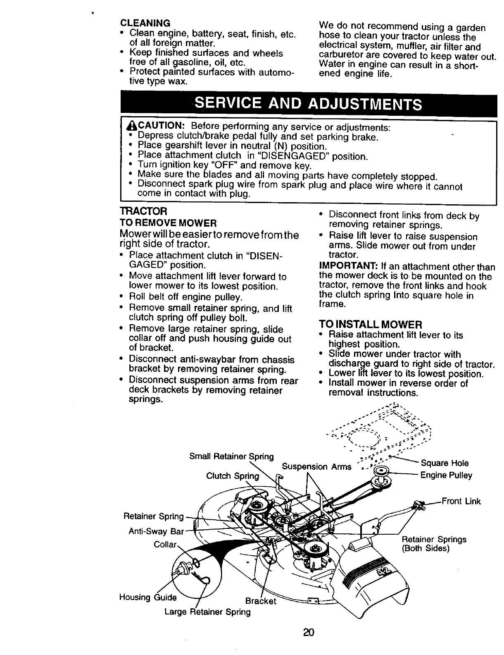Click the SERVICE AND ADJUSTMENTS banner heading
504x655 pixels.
coord(308,103)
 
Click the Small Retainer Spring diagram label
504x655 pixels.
coord(231,457)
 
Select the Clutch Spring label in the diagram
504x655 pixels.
coord(232,476)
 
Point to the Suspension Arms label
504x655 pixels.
coord(316,467)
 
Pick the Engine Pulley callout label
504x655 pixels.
coord(446,476)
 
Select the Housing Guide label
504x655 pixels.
coord(147,597)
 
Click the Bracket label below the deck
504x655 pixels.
coord(260,601)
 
